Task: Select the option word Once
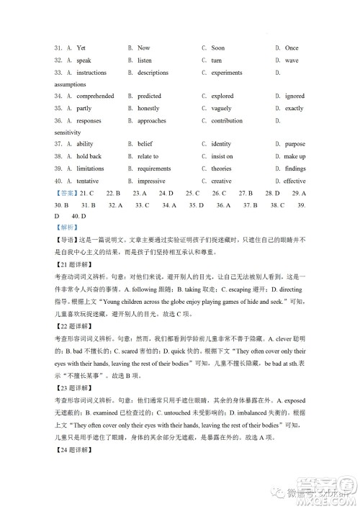292,48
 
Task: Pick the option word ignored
295,96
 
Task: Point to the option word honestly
150,108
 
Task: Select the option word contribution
227,120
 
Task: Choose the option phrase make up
295,156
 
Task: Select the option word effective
295,181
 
